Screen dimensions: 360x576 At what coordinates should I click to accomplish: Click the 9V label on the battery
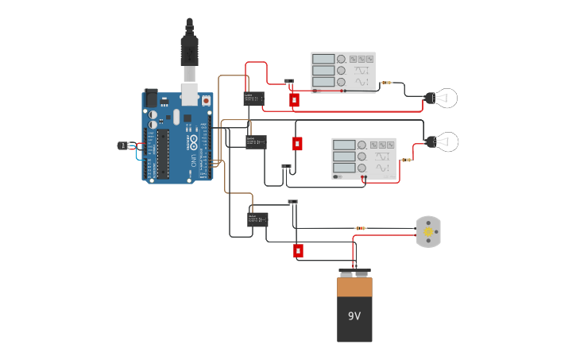coord(354,315)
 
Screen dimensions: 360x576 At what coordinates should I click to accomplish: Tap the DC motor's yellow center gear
coord(428,232)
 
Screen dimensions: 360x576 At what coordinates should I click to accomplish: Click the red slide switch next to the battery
coord(298,251)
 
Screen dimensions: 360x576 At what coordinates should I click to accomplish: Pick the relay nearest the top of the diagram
coord(253,99)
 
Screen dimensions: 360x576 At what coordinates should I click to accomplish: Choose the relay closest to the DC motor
coord(257,219)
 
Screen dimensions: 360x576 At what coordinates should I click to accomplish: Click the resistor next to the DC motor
coord(361,228)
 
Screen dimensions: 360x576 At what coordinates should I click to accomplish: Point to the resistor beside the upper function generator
coord(387,83)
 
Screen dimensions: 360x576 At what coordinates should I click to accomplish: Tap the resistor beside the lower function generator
coord(406,160)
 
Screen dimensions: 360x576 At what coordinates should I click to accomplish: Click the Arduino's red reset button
coord(207,101)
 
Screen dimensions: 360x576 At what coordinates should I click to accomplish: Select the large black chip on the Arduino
coord(163,153)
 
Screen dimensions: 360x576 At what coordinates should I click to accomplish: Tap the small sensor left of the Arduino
coord(124,145)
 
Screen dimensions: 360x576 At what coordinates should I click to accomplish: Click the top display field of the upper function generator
coord(323,59)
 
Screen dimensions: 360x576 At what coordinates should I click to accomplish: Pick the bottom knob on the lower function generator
coord(362,168)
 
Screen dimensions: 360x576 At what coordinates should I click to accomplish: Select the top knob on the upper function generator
coord(342,60)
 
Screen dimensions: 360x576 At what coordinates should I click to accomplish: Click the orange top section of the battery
coord(354,286)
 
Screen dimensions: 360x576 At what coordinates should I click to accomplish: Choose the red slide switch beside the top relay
coord(294,100)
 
